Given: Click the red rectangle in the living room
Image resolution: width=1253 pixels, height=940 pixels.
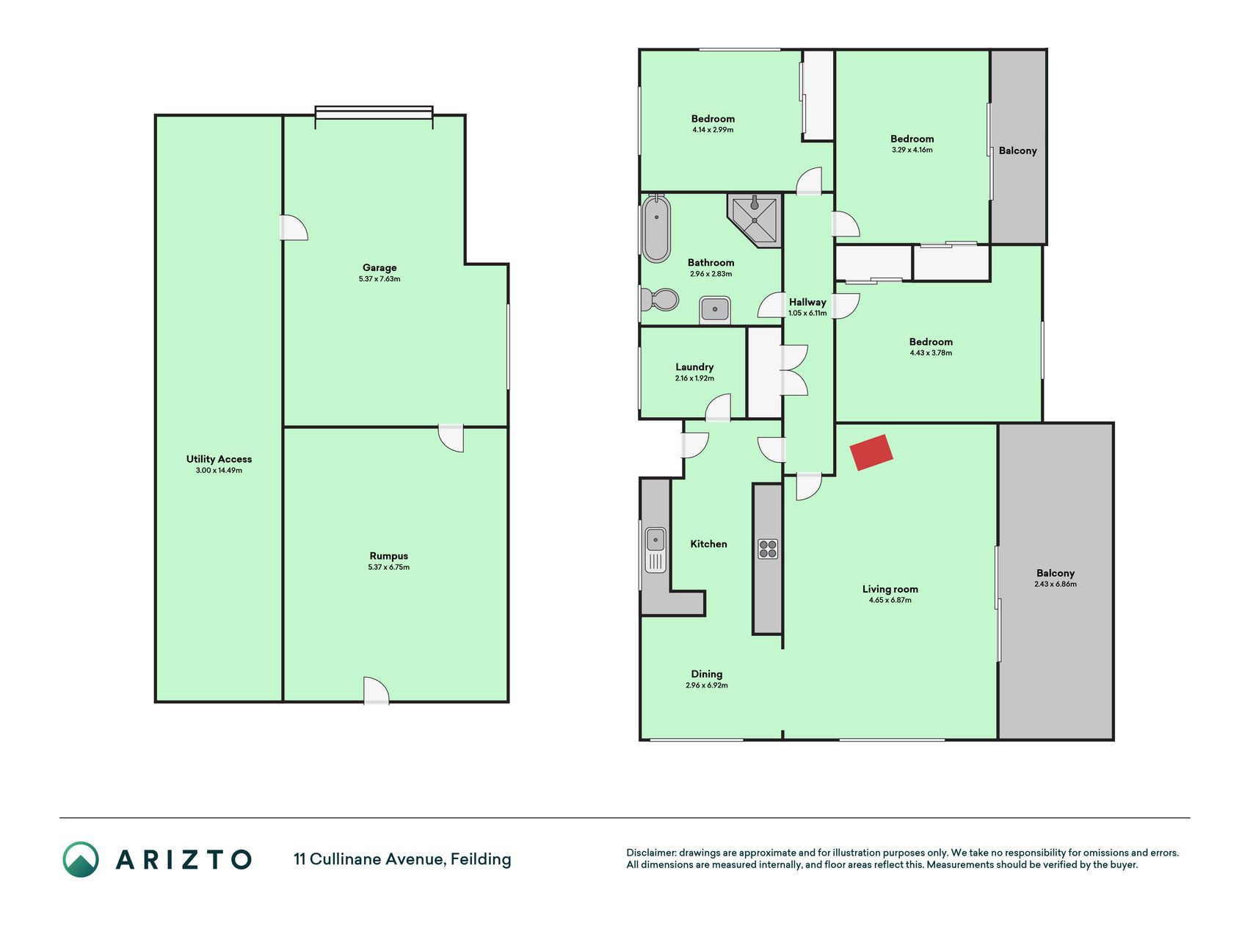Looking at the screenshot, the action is pyautogui.click(x=871, y=452).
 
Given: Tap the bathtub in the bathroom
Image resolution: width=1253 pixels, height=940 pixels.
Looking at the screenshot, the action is pyautogui.click(x=656, y=229).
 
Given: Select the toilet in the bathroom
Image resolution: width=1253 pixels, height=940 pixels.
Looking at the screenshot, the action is pyautogui.click(x=660, y=300).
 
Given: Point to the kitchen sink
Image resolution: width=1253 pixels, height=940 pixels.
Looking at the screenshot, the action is pyautogui.click(x=655, y=550).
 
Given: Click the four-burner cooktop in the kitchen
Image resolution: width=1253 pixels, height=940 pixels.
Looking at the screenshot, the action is pyautogui.click(x=768, y=549).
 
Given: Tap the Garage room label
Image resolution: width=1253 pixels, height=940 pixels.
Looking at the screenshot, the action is pyautogui.click(x=379, y=268).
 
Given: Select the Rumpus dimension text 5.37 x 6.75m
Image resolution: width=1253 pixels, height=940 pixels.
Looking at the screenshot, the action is pyautogui.click(x=389, y=567).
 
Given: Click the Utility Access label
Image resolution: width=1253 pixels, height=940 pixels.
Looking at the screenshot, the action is pyautogui.click(x=219, y=459).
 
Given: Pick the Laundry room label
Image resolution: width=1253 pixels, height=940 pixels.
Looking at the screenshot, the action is pyautogui.click(x=694, y=367).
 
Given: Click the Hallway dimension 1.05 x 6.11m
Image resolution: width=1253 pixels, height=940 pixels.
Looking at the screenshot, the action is pyautogui.click(x=807, y=313).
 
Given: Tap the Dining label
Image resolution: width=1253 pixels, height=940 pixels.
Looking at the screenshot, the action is pyautogui.click(x=707, y=674).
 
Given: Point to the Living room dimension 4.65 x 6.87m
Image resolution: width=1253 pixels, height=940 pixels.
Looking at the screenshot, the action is pyautogui.click(x=890, y=600).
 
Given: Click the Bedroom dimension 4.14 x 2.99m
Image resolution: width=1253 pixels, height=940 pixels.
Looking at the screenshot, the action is pyautogui.click(x=713, y=130).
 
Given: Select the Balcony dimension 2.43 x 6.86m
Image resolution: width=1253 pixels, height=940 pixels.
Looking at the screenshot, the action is pyautogui.click(x=1056, y=585).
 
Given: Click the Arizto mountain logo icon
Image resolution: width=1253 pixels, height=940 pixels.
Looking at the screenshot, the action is pyautogui.click(x=80, y=859).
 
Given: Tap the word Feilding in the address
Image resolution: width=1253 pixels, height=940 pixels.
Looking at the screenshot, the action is pyautogui.click(x=481, y=859).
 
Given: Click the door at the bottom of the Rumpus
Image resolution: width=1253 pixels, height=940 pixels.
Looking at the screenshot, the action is pyautogui.click(x=376, y=690).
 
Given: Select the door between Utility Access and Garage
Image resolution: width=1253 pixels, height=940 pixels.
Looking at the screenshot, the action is pyautogui.click(x=294, y=228).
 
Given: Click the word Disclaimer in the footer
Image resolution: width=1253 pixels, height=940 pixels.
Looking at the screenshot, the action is pyautogui.click(x=651, y=853).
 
